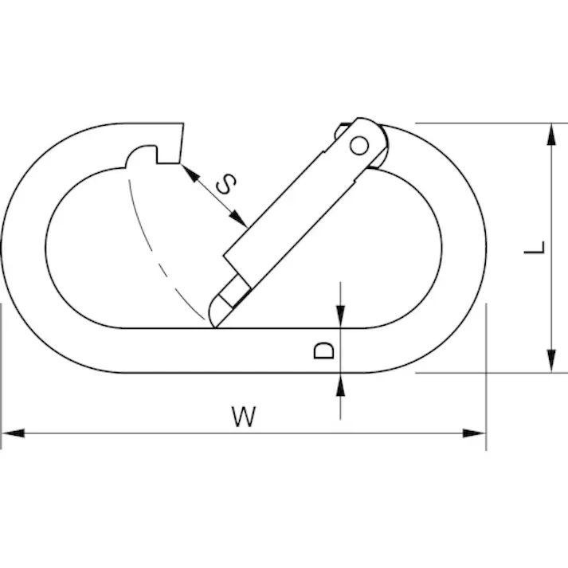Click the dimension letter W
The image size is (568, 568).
click(244, 416)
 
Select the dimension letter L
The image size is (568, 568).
click(535, 248)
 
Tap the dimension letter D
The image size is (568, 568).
click(323, 351)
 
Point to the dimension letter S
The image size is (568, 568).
click(226, 184)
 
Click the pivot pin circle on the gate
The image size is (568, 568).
click(359, 146)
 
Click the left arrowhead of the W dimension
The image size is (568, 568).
click(14, 433)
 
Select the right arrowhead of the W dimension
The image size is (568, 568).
click(474, 433)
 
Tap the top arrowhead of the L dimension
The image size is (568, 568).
click(551, 135)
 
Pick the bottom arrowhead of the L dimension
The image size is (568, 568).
click(551, 361)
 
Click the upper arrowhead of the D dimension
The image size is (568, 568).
click(340, 316)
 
